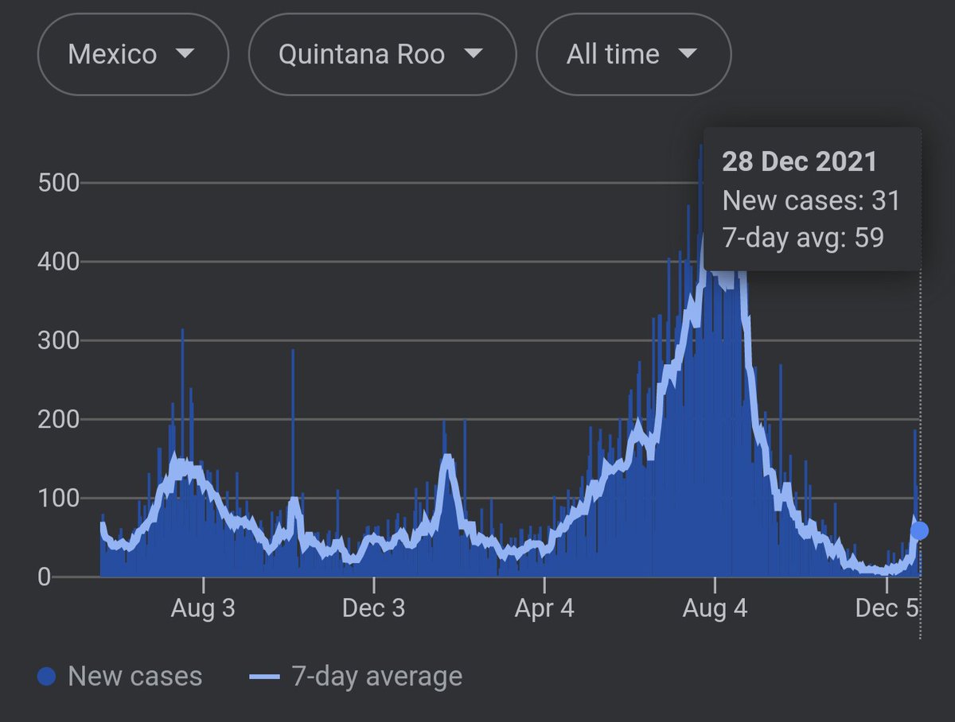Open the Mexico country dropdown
tap(132, 55)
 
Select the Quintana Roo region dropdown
tap(382, 55)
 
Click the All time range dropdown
tap(633, 55)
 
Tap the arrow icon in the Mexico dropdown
tap(185, 54)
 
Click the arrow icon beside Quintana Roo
tap(473, 54)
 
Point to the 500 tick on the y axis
tap(59, 183)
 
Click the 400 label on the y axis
tap(59, 262)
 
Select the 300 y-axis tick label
tap(59, 340)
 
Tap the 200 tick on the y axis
tap(59, 419)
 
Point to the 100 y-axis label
tap(59, 499)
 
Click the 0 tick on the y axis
tap(44, 577)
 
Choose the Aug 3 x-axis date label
tap(204, 609)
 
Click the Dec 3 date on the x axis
tap(373, 609)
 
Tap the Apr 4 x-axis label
tap(544, 609)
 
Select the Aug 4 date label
tap(715, 609)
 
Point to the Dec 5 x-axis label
tap(887, 609)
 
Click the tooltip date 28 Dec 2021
tap(799, 162)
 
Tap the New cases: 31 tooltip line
tap(810, 200)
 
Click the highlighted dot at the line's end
tap(919, 530)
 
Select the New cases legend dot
tap(47, 677)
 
